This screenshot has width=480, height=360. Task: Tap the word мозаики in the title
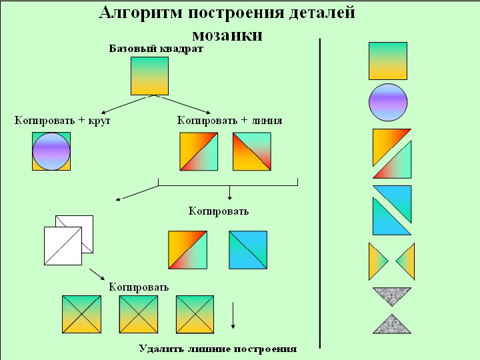tap(227, 35)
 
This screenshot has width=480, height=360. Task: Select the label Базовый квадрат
tap(156, 49)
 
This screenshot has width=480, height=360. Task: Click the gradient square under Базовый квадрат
tap(149, 75)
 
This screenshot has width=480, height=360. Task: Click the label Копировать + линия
tap(229, 121)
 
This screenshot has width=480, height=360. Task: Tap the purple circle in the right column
tap(388, 103)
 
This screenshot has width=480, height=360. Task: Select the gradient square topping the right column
tap(388, 61)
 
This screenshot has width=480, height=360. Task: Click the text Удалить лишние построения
tap(217, 349)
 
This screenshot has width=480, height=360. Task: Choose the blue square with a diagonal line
tap(247, 250)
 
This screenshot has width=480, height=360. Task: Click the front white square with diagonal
tap(62, 246)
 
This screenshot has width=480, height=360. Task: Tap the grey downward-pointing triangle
tap(392, 295)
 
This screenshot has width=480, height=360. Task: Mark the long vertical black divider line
tap(321, 193)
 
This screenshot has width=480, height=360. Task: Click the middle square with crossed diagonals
tap(138, 314)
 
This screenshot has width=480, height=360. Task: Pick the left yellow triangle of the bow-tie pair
tap(377, 261)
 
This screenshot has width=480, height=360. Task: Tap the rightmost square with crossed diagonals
tap(195, 314)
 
